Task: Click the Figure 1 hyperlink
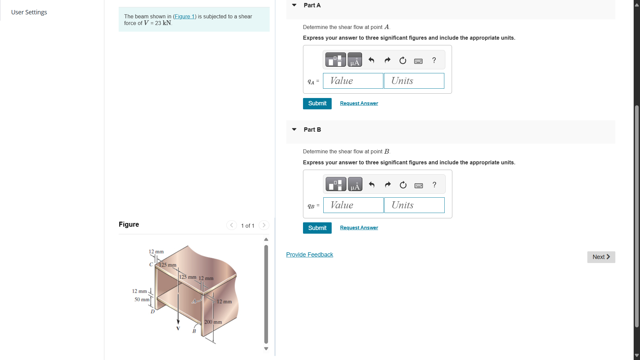[184, 16]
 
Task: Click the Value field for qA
[353, 81]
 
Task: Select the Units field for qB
[414, 205]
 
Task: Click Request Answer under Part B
[359, 228]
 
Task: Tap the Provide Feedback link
[309, 255]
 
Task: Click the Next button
[601, 257]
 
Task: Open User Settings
[29, 12]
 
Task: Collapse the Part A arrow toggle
[294, 5]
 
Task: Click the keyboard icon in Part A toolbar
[418, 61]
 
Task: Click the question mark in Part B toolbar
[434, 185]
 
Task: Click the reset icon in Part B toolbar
[403, 185]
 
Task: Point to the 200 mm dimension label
[213, 322]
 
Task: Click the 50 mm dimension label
[142, 299]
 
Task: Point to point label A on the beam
[194, 301]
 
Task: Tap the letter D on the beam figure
[153, 312]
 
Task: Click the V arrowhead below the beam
[178, 322]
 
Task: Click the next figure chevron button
[264, 225]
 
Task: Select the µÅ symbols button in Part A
[354, 60]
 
